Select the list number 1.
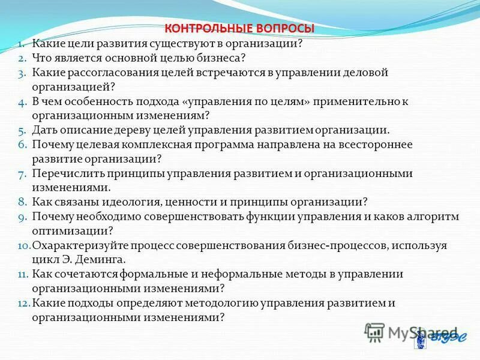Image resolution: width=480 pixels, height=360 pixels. (20, 44)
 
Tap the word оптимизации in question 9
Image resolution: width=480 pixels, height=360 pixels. (64, 231)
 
